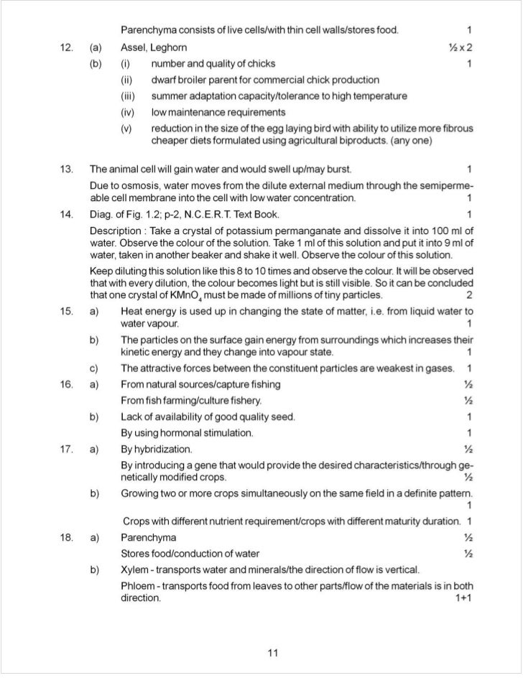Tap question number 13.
[x=67, y=169]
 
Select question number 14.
[x=67, y=214]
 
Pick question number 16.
[x=67, y=384]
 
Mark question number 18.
[x=67, y=537]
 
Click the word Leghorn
[x=169, y=47]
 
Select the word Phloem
[x=138, y=586]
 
